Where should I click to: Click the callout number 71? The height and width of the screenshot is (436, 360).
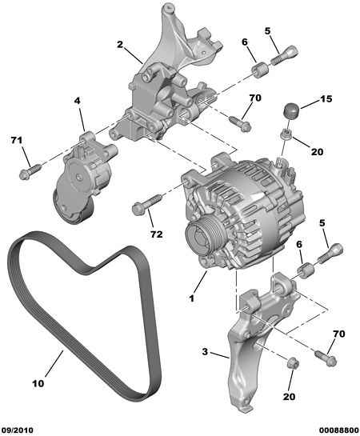pyautogui.click(x=17, y=141)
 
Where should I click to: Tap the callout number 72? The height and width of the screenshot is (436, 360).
pyautogui.click(x=157, y=234)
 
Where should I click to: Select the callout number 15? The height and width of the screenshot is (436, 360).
pyautogui.click(x=326, y=98)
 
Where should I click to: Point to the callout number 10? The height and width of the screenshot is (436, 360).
pyautogui.click(x=38, y=383)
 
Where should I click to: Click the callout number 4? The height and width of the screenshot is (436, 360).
pyautogui.click(x=77, y=101)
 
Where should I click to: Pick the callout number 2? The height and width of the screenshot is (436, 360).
pyautogui.click(x=120, y=44)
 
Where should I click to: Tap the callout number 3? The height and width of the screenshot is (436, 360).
pyautogui.click(x=205, y=352)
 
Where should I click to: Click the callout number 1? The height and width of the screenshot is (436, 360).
pyautogui.click(x=191, y=298)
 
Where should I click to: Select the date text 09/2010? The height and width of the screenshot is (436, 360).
pyautogui.click(x=17, y=430)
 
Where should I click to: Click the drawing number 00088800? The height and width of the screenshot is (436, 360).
pyautogui.click(x=338, y=430)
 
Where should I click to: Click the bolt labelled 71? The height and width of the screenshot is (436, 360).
pyautogui.click(x=30, y=171)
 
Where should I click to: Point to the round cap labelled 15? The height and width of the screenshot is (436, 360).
pyautogui.click(x=290, y=110)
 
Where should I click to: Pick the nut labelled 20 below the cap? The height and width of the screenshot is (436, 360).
pyautogui.click(x=286, y=134)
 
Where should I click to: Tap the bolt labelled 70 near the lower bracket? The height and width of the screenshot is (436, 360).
pyautogui.click(x=326, y=358)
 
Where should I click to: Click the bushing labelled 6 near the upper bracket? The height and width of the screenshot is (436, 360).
pyautogui.click(x=260, y=70)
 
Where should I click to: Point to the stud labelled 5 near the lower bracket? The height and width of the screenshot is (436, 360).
pyautogui.click(x=330, y=253)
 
